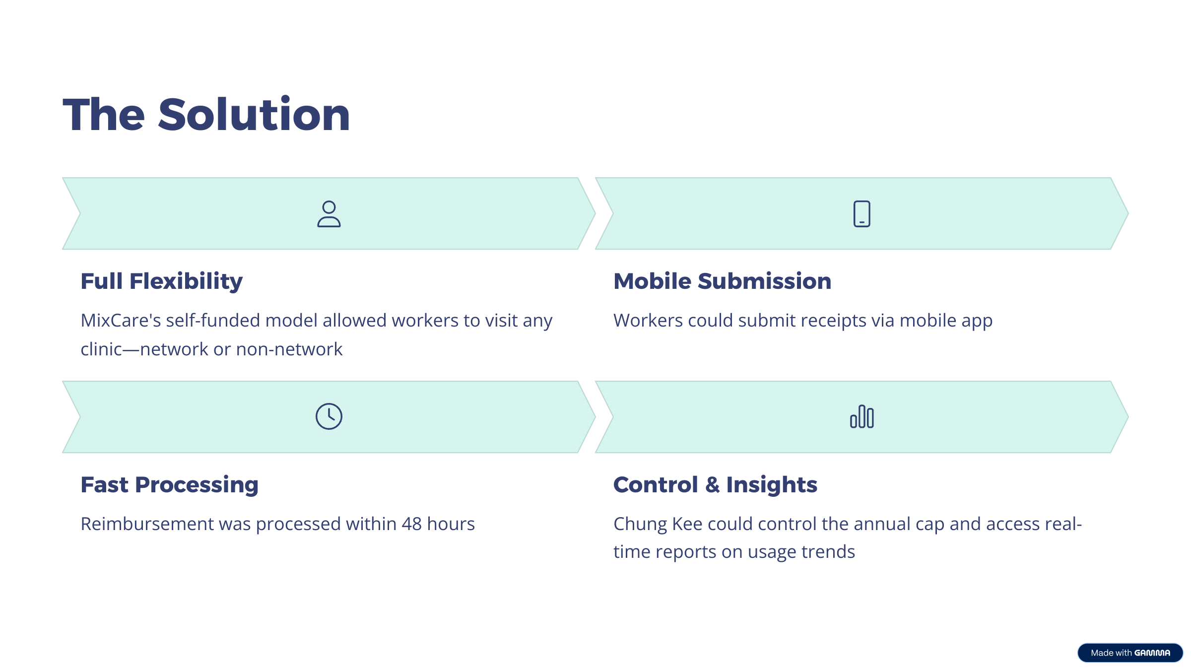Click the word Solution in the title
(254, 115)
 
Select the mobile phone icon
(862, 214)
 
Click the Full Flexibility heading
(162, 281)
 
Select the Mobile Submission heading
(723, 281)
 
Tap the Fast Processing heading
(170, 485)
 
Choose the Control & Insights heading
(716, 485)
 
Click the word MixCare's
(121, 321)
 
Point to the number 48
(411, 524)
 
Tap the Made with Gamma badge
(1130, 653)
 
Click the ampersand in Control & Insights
(712, 485)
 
